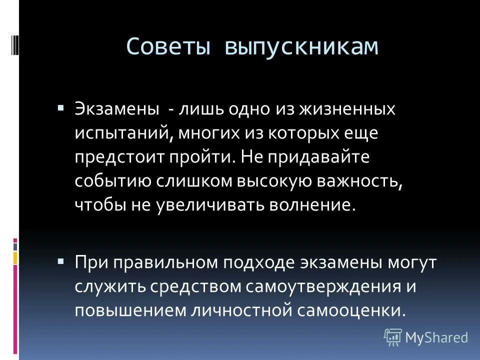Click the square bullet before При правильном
(x=60, y=261)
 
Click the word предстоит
(x=117, y=157)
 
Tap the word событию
(x=112, y=181)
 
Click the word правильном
(x=165, y=262)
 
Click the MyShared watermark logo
(x=426, y=337)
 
